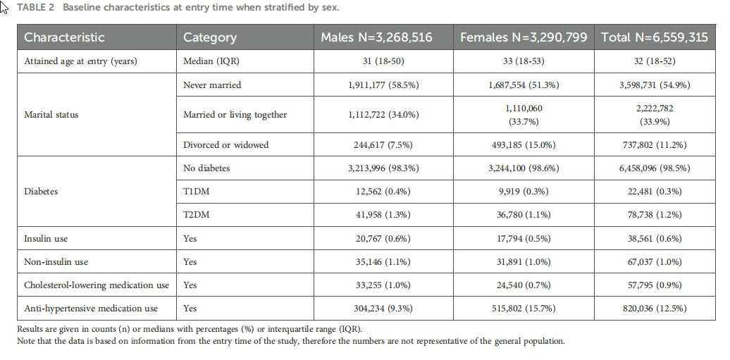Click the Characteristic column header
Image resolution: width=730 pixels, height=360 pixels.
coord(64,37)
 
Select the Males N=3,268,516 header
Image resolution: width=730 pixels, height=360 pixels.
coord(376,37)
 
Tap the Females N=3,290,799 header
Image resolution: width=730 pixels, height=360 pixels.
coord(524,37)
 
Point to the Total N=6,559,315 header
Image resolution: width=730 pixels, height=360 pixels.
coord(654,37)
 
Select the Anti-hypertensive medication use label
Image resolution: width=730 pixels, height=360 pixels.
coord(91,308)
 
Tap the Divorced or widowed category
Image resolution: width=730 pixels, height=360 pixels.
coord(225,145)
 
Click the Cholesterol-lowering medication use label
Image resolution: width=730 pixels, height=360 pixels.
coord(97,285)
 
